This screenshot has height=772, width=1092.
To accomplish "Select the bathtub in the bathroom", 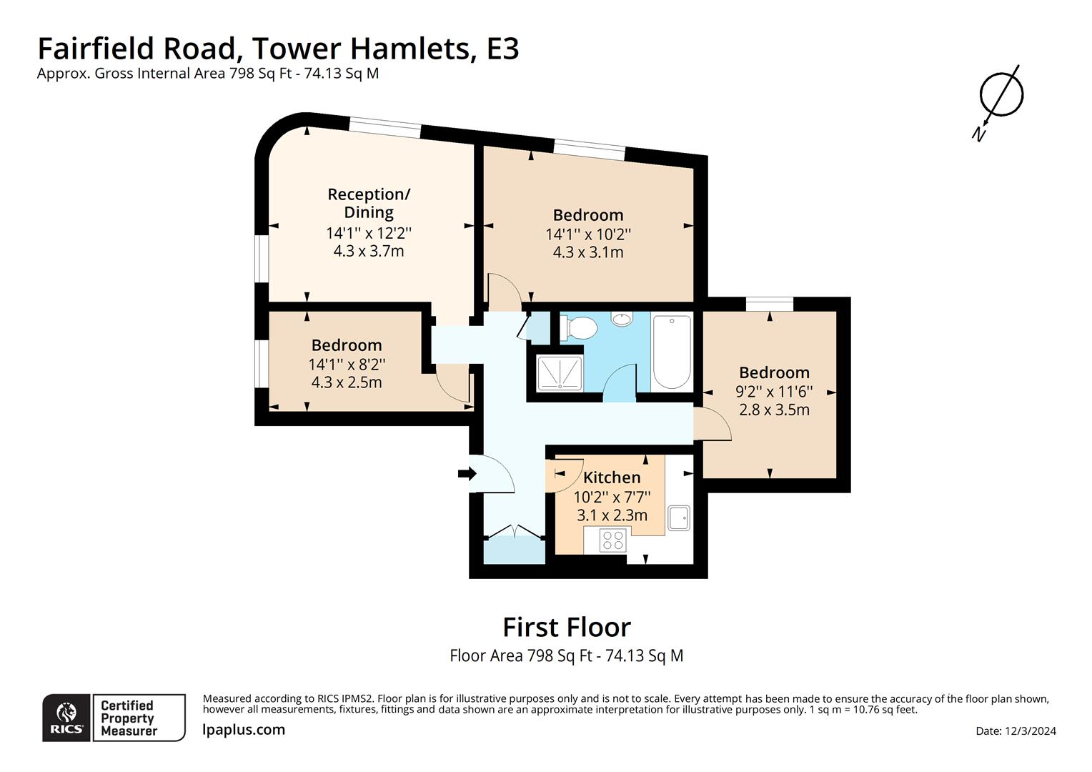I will click(672, 351).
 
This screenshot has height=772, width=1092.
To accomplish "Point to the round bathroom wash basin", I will click(622, 319).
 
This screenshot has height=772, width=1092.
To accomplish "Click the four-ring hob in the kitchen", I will click(612, 540).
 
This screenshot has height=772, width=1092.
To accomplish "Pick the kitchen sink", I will click(678, 518).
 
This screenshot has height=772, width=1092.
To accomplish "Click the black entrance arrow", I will click(467, 473).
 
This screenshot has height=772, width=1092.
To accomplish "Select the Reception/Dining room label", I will click(369, 203).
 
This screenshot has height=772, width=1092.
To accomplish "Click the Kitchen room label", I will click(612, 477).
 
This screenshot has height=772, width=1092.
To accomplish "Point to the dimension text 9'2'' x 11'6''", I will click(774, 391).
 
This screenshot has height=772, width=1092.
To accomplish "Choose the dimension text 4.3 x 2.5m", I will click(347, 382).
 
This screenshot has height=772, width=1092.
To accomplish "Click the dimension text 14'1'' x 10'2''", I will click(588, 234).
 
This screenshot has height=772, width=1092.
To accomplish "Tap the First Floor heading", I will click(567, 627).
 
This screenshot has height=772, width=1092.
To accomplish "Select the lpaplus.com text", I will click(244, 730).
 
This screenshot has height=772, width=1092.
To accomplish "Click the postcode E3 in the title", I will click(502, 49).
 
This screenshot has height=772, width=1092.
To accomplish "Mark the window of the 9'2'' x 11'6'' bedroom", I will click(770, 304).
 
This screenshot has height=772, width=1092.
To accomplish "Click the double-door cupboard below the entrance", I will click(514, 548).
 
